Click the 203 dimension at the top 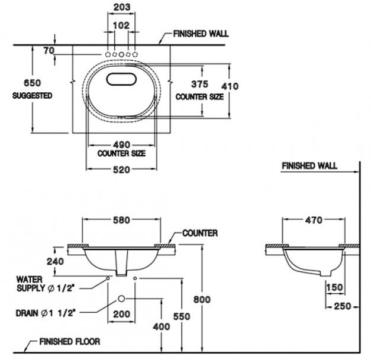click(121, 7)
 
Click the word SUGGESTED click(32, 95)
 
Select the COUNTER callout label click(200, 233)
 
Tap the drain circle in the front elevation click(121, 299)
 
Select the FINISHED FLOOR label click(69, 342)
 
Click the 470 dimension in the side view click(314, 220)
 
